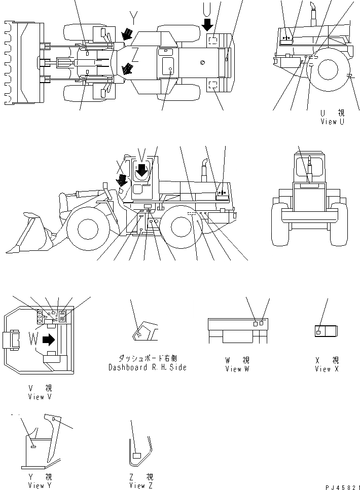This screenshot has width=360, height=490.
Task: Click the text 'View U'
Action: coord(332,122)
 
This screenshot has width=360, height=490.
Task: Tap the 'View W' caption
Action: coord(237,369)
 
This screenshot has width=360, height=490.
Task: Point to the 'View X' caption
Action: coord(327,369)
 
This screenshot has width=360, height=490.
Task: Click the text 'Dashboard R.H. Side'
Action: coord(147,367)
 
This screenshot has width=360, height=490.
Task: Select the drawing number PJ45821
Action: coord(339,485)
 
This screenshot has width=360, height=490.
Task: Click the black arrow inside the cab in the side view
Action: coord(142,170)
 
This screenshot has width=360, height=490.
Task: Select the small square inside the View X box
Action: coord(319,331)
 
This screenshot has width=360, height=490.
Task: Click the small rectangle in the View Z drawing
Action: coord(136,456)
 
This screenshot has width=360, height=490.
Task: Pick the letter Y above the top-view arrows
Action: coord(133,19)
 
